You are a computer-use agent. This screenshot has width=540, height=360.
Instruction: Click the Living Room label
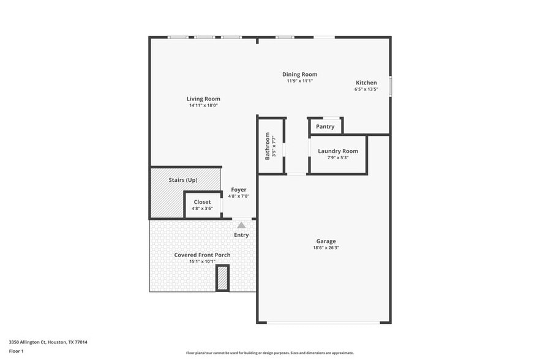tap(203, 99)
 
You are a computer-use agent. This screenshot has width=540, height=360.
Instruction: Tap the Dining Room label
tap(299, 75)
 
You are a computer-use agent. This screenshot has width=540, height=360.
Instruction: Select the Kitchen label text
tap(366, 83)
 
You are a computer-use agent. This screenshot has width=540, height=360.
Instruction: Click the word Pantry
tap(325, 127)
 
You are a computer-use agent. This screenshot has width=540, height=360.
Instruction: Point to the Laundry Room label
tap(338, 151)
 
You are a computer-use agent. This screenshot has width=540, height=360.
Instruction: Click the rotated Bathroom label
tap(268, 146)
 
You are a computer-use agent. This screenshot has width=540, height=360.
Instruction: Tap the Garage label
tap(326, 241)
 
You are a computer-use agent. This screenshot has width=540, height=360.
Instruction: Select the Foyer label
tap(239, 190)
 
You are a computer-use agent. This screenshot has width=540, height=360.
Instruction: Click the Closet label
tap(202, 202)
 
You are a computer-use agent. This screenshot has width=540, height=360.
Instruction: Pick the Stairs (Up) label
tap(183, 180)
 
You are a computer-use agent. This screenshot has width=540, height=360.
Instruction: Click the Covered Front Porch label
tap(202, 255)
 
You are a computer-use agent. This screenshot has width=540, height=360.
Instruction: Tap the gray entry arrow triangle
tap(241, 225)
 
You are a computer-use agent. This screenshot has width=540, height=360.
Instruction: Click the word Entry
tap(241, 235)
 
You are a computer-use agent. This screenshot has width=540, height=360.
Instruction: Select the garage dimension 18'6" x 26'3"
tap(326, 248)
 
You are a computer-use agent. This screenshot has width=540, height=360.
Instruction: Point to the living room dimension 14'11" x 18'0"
tap(203, 105)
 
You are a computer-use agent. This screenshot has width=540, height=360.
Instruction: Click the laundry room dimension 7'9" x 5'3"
tap(338, 158)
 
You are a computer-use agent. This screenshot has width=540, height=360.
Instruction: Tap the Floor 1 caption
tap(16, 351)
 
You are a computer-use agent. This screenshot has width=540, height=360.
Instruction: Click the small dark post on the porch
tap(222, 278)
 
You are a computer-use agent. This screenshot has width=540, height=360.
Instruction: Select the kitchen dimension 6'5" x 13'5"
tap(366, 89)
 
